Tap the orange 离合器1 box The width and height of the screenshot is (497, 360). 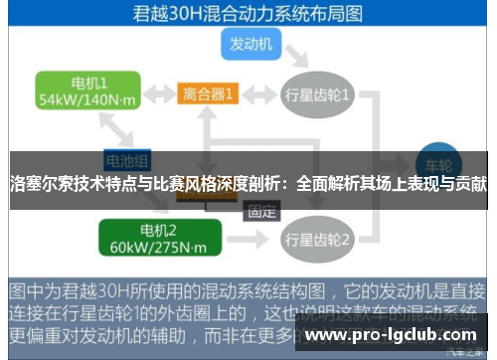click(210, 94)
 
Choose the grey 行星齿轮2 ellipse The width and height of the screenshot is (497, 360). click(317, 240)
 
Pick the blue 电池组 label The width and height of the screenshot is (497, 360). click(127, 159)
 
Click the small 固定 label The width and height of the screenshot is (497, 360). click(262, 210)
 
